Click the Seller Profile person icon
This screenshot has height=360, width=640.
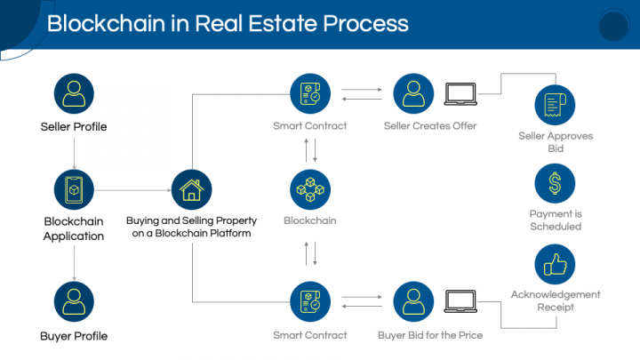[x=74, y=93]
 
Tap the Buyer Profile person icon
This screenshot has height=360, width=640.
[x=74, y=301]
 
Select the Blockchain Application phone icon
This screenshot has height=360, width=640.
[x=74, y=190]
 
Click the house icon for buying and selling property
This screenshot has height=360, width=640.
[x=191, y=190]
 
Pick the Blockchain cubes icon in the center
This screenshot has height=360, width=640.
[x=310, y=190]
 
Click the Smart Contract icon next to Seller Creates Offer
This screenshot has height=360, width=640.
[x=310, y=93]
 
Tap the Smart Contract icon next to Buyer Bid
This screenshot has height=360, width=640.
[x=310, y=301]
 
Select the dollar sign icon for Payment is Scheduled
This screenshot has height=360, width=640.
[x=555, y=183]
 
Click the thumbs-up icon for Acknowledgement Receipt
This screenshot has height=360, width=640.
[x=555, y=264]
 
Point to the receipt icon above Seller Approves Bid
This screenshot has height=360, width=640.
[x=555, y=105]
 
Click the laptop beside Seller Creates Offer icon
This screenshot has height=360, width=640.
[x=460, y=94]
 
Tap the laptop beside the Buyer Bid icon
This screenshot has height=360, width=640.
[x=460, y=301]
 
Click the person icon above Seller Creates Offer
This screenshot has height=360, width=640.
[x=413, y=93]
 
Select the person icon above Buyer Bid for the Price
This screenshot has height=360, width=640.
[x=413, y=301]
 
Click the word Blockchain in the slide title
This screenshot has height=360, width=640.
[x=106, y=23]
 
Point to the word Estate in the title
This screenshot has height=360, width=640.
[x=283, y=23]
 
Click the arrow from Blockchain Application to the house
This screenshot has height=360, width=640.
[x=132, y=190]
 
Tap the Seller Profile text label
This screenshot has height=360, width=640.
[x=74, y=126]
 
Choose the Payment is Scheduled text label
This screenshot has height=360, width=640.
[x=556, y=220]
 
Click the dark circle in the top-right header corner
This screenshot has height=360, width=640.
[x=614, y=25]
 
